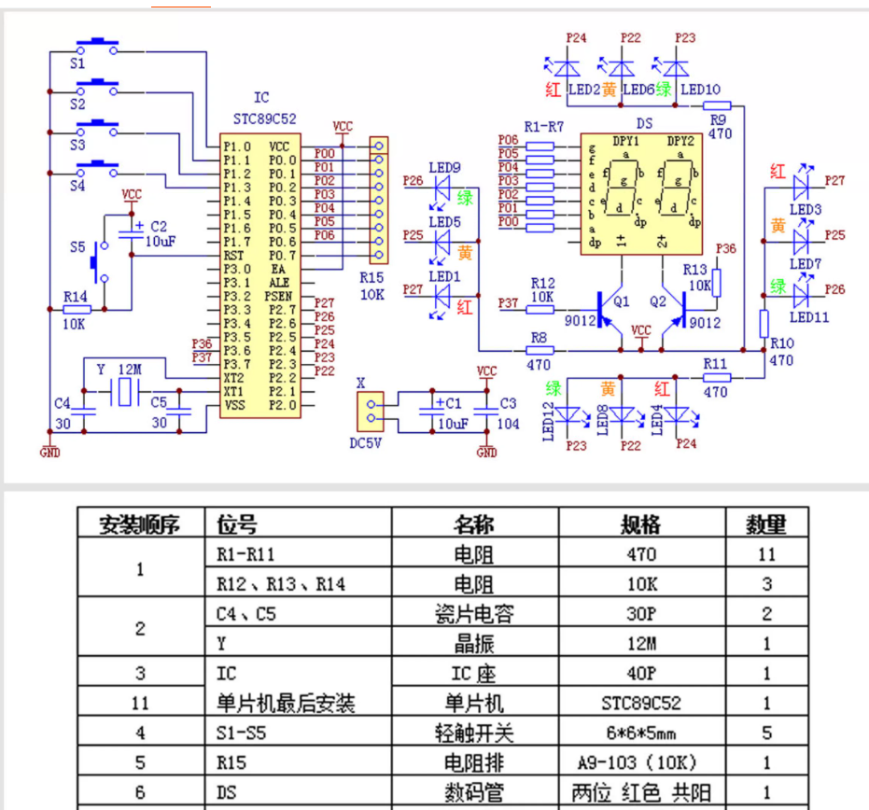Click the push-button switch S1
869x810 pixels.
pos(97,44)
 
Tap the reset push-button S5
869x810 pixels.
pos(98,263)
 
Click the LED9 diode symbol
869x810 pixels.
pos(443,187)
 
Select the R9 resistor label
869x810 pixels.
pos(718,119)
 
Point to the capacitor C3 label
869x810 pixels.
pos(508,403)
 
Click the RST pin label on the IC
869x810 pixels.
pos(233,255)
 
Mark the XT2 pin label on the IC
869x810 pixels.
pos(233,377)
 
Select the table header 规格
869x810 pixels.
pos(641,524)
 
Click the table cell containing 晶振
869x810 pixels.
pos(474,643)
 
